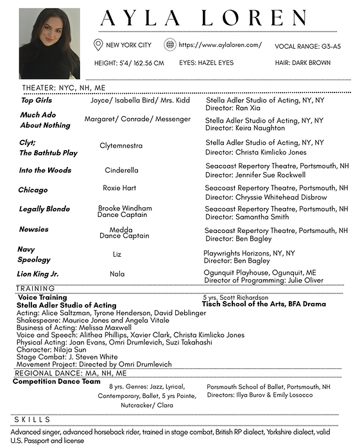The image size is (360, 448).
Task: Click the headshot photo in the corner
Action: click(x=49, y=43)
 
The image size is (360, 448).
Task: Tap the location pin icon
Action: click(x=98, y=44)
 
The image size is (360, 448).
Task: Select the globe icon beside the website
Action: click(x=170, y=44)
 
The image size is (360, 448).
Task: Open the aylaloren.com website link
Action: click(x=220, y=45)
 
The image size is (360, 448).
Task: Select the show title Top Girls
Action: click(x=36, y=101)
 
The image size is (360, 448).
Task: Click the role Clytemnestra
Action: click(x=121, y=146)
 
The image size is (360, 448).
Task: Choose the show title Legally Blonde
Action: click(x=44, y=209)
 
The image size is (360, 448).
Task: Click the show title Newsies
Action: click(x=33, y=229)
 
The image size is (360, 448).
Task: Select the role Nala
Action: click(x=117, y=273)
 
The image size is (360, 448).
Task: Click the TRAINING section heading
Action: click(x=35, y=289)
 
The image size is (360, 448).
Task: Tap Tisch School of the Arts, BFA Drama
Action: click(x=264, y=304)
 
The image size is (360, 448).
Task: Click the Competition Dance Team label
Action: click(x=56, y=382)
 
